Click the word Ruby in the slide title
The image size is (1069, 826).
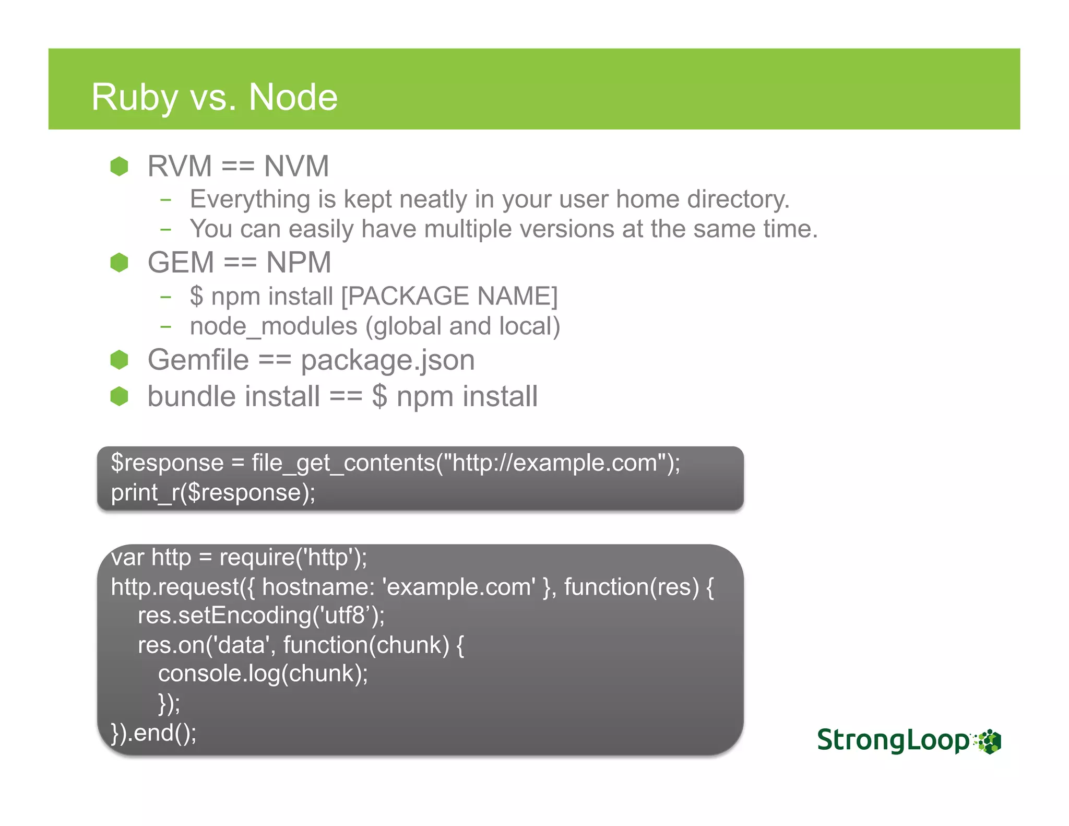(134, 98)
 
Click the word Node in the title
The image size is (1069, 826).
(293, 98)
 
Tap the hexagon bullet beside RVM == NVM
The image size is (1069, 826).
(120, 167)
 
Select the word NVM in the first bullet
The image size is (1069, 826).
(296, 167)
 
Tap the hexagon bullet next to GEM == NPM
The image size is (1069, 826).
(120, 263)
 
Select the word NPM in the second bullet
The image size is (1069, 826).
(299, 263)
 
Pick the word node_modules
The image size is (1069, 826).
(274, 326)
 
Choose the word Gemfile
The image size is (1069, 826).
(198, 360)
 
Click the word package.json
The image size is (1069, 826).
(388, 360)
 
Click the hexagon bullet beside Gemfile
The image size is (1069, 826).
(120, 360)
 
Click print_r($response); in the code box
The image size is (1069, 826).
(213, 493)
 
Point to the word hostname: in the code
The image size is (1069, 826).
(318, 587)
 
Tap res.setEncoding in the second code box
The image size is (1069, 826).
(224, 616)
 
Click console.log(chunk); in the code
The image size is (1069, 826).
(263, 674)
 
